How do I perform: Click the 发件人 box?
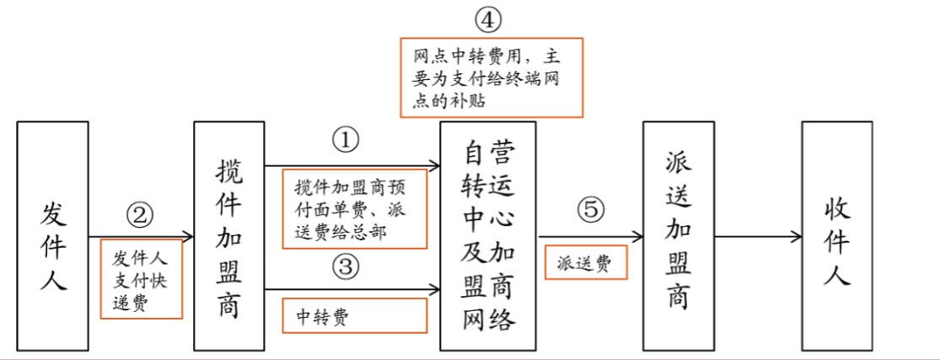click(x=52, y=235)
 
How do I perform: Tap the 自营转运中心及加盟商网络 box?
click(x=488, y=235)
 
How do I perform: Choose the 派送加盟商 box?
click(x=679, y=235)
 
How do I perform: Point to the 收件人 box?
click(x=837, y=235)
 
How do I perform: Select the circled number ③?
click(x=345, y=268)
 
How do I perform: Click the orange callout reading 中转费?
click(x=354, y=317)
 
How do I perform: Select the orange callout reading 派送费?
click(x=587, y=262)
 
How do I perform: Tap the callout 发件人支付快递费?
click(x=142, y=279)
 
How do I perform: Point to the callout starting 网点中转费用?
click(x=491, y=78)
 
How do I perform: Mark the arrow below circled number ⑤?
click(x=589, y=237)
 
